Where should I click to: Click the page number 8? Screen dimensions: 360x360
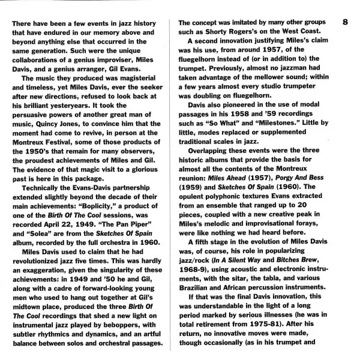coord(345,22)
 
